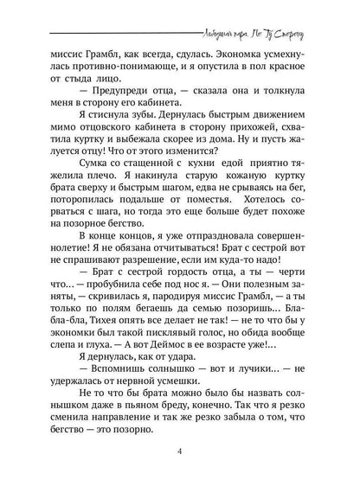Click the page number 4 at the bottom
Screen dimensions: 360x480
tap(180, 451)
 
